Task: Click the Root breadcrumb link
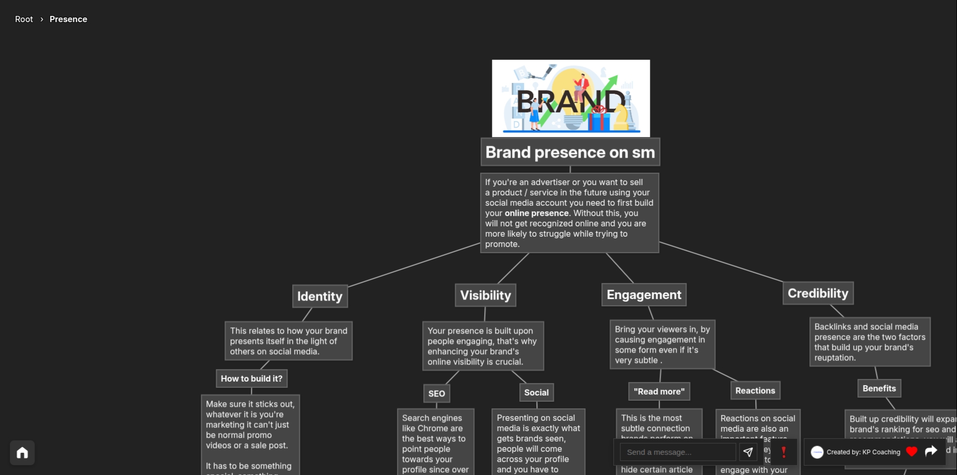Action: point(24,19)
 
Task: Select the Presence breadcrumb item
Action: point(68,19)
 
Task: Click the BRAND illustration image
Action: point(570,98)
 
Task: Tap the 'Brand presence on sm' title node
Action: point(570,152)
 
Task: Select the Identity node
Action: point(320,297)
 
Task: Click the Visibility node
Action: point(485,296)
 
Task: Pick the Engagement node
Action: point(644,295)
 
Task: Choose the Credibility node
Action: point(818,293)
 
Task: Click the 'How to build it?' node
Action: point(251,379)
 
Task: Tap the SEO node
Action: point(436,394)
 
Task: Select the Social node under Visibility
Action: point(536,392)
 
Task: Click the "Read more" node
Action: point(659,391)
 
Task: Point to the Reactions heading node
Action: point(755,391)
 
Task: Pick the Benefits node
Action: point(879,388)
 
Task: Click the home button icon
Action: point(22,453)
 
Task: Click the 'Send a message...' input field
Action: point(677,452)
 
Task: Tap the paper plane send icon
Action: point(748,452)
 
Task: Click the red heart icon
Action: point(912,452)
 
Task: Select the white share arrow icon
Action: point(931,452)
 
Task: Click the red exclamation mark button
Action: point(784,452)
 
